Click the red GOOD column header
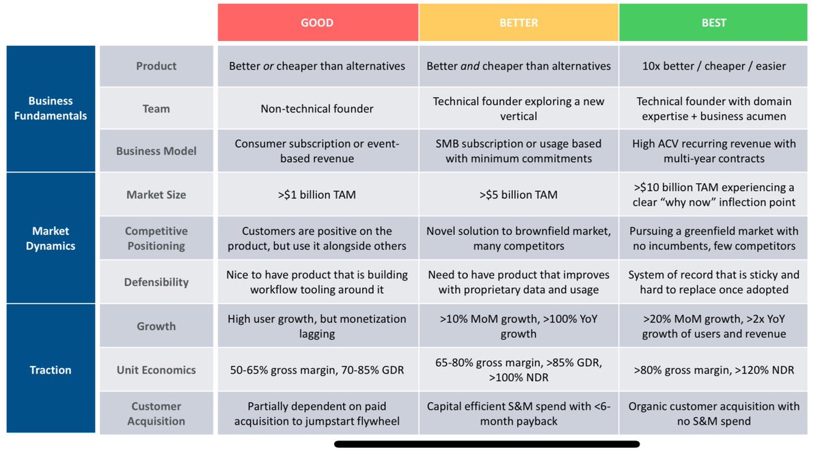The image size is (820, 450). [x=317, y=23]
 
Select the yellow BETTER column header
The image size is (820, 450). [x=519, y=23]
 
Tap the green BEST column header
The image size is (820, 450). [x=713, y=23]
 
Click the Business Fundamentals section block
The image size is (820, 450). [x=51, y=109]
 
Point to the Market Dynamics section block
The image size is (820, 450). [x=51, y=238]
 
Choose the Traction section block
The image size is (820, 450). [x=51, y=370]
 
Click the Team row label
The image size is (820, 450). [x=156, y=109]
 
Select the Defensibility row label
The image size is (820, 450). [x=156, y=282]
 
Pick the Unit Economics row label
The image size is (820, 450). [x=156, y=370]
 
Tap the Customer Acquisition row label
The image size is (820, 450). [x=156, y=414]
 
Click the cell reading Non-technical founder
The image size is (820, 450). [x=317, y=109]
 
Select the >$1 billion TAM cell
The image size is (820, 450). [x=317, y=195]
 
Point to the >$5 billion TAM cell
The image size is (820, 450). [x=519, y=195]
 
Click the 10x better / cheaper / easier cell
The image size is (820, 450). [x=713, y=66]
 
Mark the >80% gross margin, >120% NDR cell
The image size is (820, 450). [x=713, y=370]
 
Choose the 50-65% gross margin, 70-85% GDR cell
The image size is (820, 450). [x=317, y=370]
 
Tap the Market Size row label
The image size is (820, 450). [x=156, y=195]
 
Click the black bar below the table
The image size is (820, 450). [x=487, y=444]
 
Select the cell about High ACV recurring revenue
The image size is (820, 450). [x=713, y=152]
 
